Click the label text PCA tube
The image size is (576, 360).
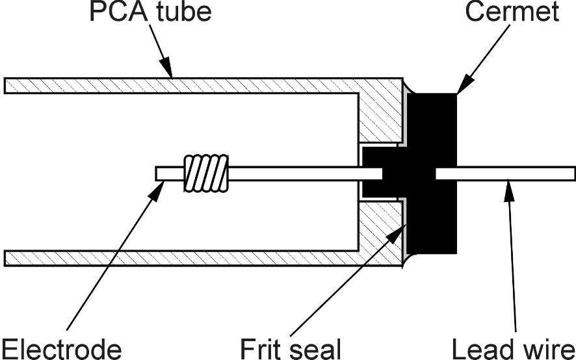click(149, 12)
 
